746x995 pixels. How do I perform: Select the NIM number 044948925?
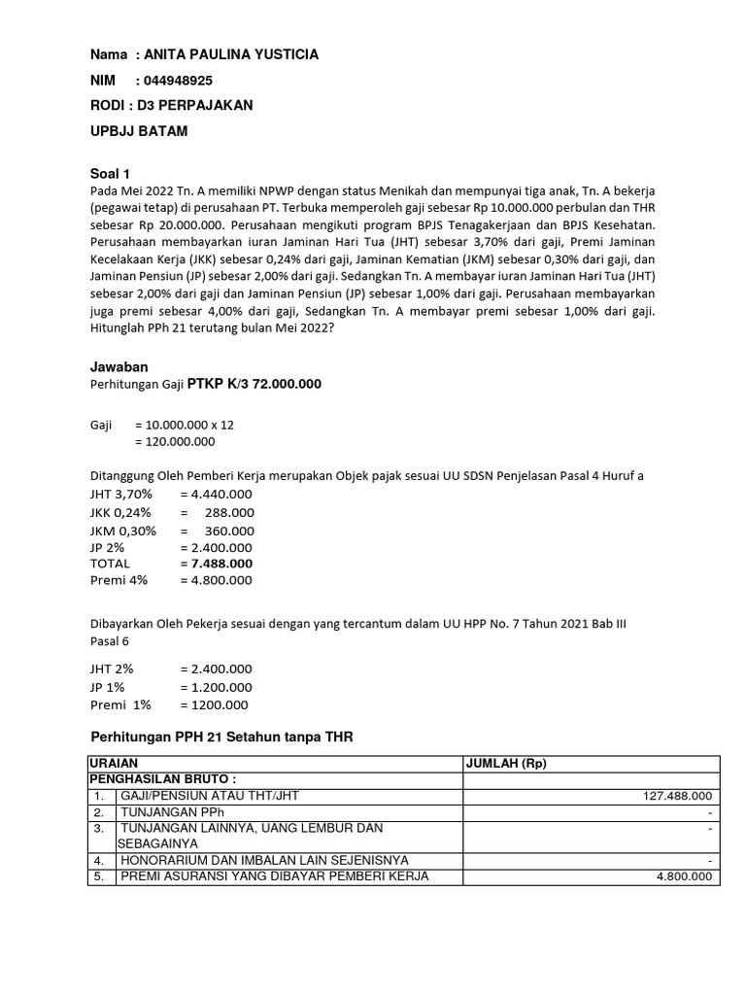click(178, 81)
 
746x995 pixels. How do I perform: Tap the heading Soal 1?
click(110, 173)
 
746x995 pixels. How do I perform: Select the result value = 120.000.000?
click(175, 441)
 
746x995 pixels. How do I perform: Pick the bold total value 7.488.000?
click(222, 563)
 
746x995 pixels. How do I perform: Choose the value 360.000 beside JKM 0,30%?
click(229, 531)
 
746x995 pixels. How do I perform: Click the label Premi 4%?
click(118, 580)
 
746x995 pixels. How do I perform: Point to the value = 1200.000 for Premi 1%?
click(215, 704)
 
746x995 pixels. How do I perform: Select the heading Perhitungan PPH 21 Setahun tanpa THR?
click(221, 738)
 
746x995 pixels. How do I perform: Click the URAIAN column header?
click(114, 764)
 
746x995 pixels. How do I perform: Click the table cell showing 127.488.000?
click(678, 796)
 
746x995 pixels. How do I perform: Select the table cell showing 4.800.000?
click(685, 875)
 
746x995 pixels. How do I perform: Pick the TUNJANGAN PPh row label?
click(172, 811)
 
